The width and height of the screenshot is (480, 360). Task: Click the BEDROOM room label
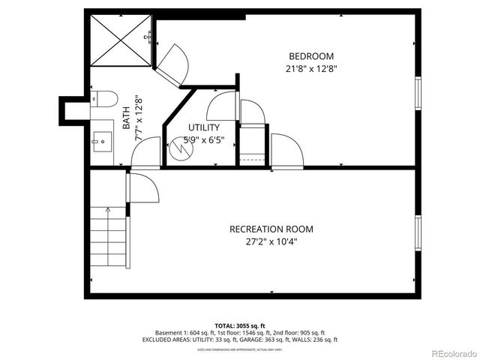(x=311, y=56)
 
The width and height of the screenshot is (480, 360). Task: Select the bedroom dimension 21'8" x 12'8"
(x=311, y=69)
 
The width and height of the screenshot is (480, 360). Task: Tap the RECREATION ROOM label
(x=271, y=229)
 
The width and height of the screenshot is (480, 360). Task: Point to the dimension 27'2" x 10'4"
(x=271, y=242)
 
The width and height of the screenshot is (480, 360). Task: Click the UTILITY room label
(x=203, y=127)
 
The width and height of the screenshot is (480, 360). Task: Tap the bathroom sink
(x=102, y=140)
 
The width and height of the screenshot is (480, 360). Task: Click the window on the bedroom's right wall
(x=418, y=93)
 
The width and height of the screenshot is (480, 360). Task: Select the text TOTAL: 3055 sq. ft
(x=239, y=325)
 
